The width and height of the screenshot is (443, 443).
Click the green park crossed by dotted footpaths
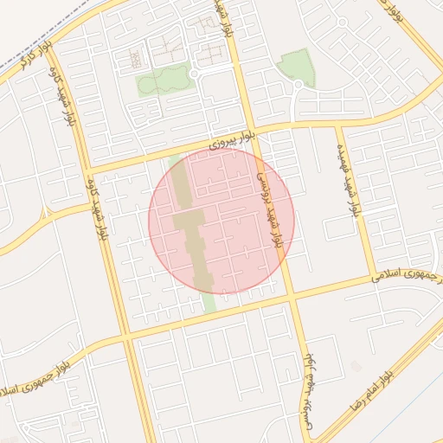(163, 80)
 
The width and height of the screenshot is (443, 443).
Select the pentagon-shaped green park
(297, 66)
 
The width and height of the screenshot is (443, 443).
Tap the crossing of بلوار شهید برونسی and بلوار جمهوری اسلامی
(292, 299)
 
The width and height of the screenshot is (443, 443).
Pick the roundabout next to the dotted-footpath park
(195, 75)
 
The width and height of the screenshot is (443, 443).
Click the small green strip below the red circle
(209, 302)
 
